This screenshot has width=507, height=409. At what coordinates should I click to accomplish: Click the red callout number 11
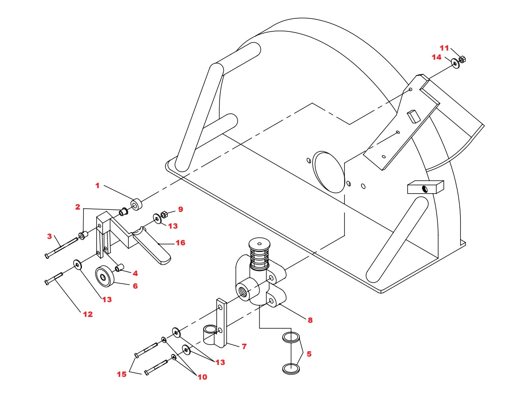pyautogui.click(x=444, y=48)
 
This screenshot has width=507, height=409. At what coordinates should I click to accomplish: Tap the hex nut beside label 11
pyautogui.click(x=462, y=60)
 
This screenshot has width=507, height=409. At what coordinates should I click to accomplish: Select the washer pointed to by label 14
pyautogui.click(x=455, y=64)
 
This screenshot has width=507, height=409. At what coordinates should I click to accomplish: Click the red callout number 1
pyautogui.click(x=97, y=186)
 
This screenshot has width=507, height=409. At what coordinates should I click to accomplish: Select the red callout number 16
pyautogui.click(x=181, y=242)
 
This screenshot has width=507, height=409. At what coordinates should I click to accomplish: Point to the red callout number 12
pyautogui.click(x=88, y=314)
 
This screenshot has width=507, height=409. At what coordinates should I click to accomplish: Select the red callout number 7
pyautogui.click(x=244, y=346)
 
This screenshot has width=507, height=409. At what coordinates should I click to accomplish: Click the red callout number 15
pyautogui.click(x=122, y=374)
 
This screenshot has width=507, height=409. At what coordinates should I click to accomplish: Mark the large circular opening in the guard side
pyautogui.click(x=329, y=172)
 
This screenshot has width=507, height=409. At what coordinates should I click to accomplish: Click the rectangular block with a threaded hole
pyautogui.click(x=425, y=187)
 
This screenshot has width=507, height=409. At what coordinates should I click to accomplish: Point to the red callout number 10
pyautogui.click(x=202, y=377)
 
